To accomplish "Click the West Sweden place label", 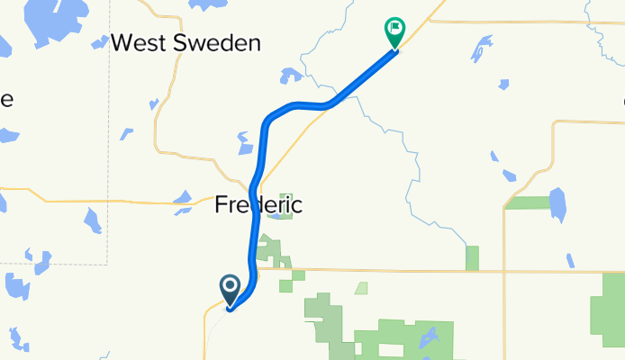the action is (187, 42).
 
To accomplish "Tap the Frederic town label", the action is (258, 205).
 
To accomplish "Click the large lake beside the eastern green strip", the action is (558, 204).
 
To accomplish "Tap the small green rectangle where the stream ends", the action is (472, 257).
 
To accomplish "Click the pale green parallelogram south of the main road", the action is (360, 289).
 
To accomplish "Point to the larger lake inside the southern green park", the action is (429, 339).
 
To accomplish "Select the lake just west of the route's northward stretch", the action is (244, 143).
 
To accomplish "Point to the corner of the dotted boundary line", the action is (108, 264).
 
